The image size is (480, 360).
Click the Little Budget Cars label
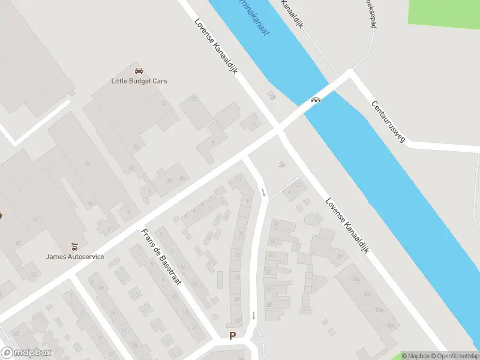139,81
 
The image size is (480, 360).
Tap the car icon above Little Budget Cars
139,71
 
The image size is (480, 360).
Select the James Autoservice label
75,257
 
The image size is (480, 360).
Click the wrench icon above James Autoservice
75,246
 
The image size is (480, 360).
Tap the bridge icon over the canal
314,100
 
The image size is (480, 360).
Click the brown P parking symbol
232,336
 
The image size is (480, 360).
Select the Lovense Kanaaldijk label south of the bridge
347,225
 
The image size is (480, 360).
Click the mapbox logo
26,353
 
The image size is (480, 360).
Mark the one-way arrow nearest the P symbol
254,316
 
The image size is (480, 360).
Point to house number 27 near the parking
238,321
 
